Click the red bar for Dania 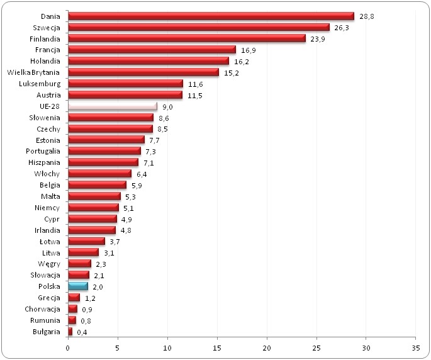coord(211,16)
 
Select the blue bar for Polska coord(77,286)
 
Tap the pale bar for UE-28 coord(112,106)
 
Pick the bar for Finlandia coord(186,38)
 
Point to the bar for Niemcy coord(92,207)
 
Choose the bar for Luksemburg coord(125,84)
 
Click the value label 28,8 coord(367,16)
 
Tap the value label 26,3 coord(342,28)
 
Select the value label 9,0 coord(168,106)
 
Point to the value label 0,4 coord(82,331)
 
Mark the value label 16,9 coord(248,50)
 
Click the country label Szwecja coord(47,28)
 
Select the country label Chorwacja coord(42,308)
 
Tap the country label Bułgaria coord(46,331)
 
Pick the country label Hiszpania coord(43,162)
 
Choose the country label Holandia coord(45,61)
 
